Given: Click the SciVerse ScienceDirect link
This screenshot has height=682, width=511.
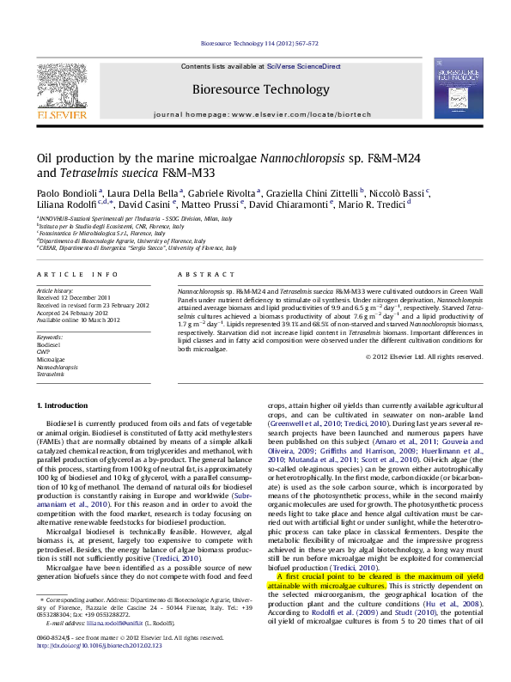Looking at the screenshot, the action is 304,66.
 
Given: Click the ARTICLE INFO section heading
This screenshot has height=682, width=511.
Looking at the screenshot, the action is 77,274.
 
